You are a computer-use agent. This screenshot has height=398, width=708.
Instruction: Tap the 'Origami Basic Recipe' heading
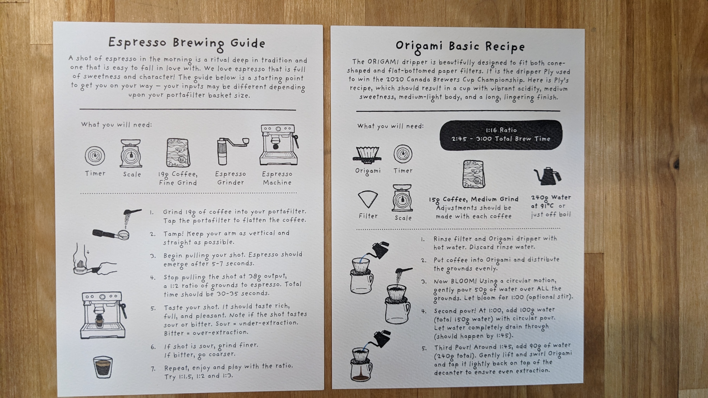point(460,47)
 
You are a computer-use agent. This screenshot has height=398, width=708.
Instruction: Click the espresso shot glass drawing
point(103,367)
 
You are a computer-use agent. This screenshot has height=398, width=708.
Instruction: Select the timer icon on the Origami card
point(403,154)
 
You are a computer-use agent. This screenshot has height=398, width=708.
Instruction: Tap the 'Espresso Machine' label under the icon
point(277,178)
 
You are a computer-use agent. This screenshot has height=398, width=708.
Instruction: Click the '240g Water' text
point(551,197)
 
